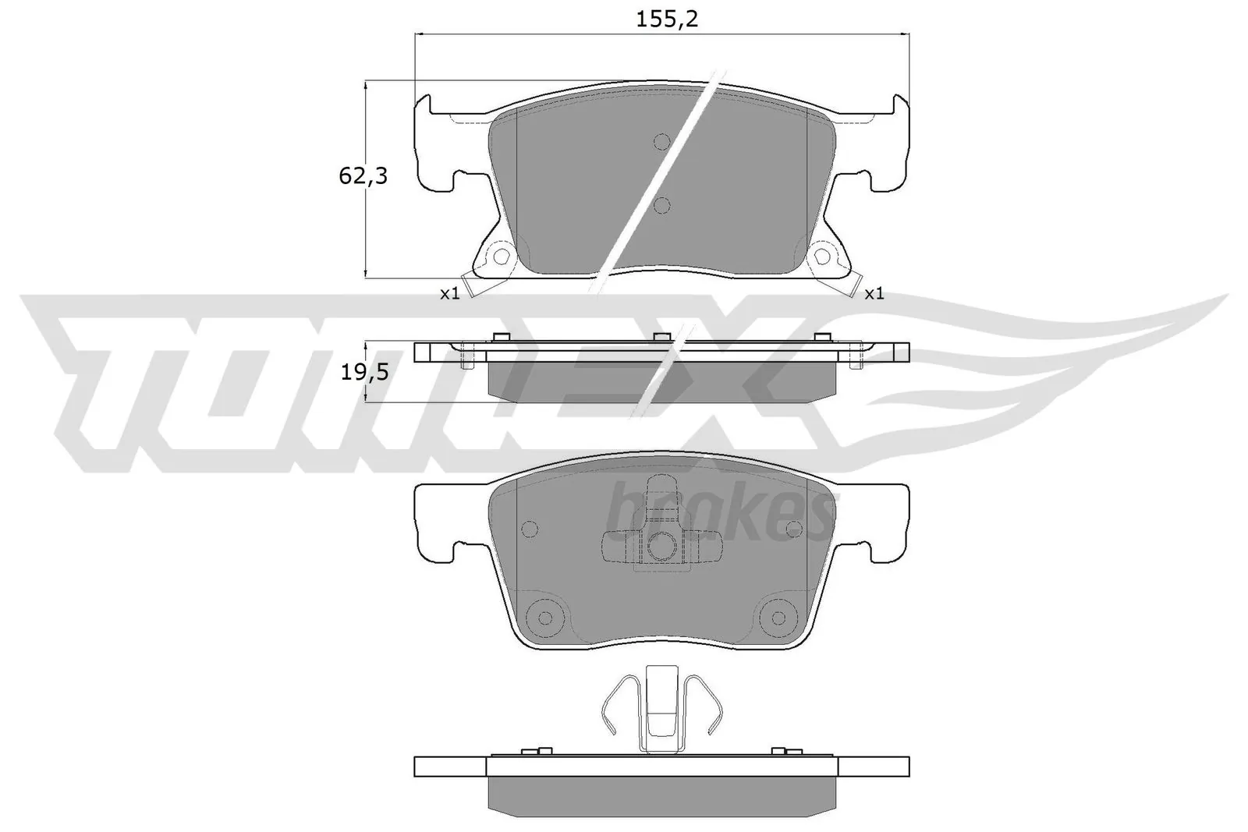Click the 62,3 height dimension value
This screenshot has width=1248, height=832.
[362, 176]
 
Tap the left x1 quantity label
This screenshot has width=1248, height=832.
[449, 294]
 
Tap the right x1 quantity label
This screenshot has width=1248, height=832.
[874, 294]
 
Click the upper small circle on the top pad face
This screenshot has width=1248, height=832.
[661, 141]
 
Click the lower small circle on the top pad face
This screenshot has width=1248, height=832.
[661, 205]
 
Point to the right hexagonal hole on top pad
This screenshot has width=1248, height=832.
[822, 256]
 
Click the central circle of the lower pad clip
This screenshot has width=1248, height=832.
[661, 546]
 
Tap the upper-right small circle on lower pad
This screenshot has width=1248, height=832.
[794, 529]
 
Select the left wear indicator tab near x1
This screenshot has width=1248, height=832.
[469, 285]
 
